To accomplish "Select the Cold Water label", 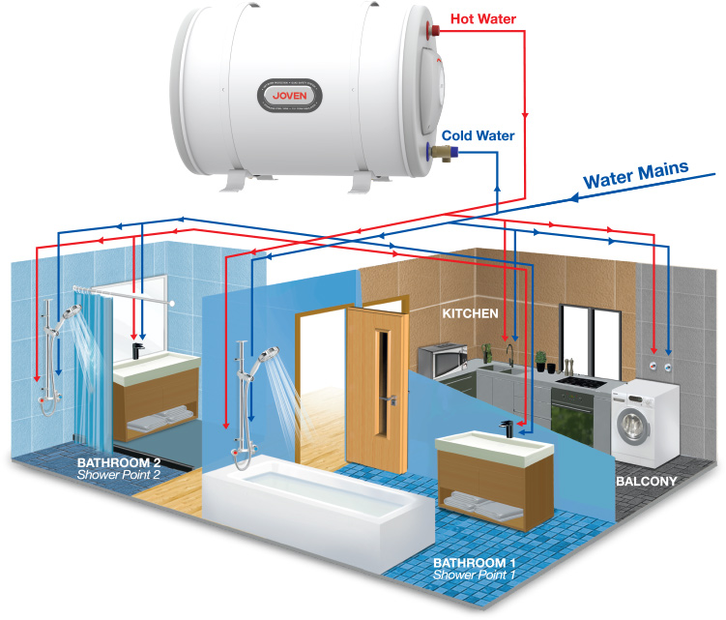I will point(478,136).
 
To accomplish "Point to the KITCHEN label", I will point(470,313).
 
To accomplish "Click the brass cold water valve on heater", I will point(436,152).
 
